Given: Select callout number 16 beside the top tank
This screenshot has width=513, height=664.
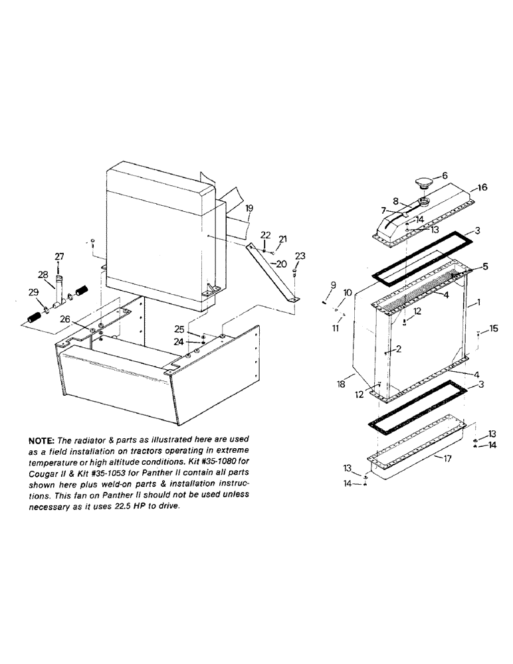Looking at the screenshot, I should click(482, 188).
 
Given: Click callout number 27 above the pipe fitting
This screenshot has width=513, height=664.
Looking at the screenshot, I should click(59, 256).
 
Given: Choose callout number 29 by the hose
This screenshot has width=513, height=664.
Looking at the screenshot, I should click(33, 293).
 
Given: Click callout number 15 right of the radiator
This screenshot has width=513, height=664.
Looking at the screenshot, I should click(493, 328).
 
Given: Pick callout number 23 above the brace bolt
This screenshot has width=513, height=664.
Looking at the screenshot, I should click(300, 256).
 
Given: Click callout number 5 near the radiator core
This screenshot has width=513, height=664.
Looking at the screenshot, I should click(485, 267).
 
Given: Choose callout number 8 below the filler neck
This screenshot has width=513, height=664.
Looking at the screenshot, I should click(395, 200).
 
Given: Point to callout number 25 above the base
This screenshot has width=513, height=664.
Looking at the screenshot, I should click(179, 329).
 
